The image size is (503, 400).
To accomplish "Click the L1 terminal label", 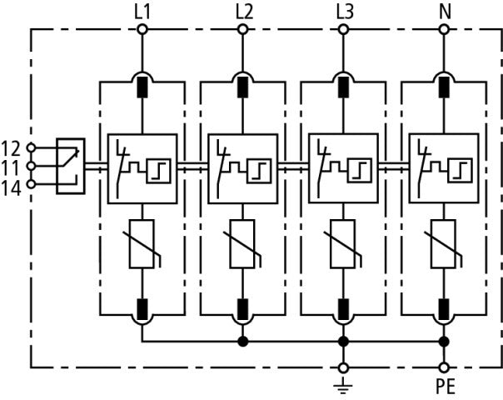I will coord(142,12).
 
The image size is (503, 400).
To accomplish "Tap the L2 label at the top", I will coord(243,12).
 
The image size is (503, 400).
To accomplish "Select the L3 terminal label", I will coord(343,12).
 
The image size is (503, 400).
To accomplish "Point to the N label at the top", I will coord(444,12).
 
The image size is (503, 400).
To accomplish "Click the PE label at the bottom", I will coord(444,387).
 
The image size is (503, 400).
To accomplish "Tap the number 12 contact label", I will coord(12,147).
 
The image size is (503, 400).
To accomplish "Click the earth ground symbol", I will coord(343,385).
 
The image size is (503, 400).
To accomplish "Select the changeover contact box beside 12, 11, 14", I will coord(70,166).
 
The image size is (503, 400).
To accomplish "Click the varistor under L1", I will coord(142,244).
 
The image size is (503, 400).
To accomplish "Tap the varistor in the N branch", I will coord(444,244).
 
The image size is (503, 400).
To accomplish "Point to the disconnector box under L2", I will coord(243,167).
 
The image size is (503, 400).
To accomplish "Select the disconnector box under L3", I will coord(343,167).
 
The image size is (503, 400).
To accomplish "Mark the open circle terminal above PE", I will coord(444,367).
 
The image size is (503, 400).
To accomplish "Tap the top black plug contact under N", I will coord(444,85).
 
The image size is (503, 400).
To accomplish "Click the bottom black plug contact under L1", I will coord(142,311).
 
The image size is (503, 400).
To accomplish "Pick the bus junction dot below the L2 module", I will coord(243,342).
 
